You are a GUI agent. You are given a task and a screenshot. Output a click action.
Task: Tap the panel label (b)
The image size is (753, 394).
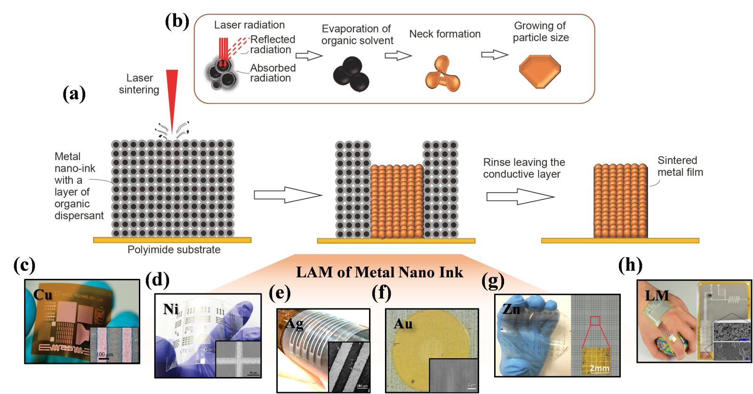[177, 22]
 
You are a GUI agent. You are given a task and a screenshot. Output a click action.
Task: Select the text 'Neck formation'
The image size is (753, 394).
[445, 34]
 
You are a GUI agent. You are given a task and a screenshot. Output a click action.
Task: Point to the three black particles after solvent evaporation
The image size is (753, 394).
[351, 73]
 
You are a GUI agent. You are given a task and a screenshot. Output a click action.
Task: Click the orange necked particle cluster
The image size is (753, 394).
[442, 73]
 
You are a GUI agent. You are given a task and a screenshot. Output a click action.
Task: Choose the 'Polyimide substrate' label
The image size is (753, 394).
[174, 250]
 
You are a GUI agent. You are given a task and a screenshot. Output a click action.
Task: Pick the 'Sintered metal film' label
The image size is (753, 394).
[680, 166]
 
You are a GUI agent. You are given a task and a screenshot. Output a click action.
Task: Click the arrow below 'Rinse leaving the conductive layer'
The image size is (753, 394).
[520, 196]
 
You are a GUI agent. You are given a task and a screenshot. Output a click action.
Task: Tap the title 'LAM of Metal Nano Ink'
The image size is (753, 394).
[379, 272]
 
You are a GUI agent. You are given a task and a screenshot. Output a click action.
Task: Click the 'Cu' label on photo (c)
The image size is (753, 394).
[42, 295]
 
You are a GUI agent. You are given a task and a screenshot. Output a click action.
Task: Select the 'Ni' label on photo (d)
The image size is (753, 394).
[171, 309]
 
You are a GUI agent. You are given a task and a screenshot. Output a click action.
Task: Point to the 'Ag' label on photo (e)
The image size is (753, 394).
[295, 323]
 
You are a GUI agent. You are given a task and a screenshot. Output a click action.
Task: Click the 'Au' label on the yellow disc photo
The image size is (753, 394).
[403, 324]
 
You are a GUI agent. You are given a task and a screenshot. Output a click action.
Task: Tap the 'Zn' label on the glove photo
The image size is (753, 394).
[511, 309]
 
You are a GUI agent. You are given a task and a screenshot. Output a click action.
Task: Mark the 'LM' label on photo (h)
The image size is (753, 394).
[657, 296]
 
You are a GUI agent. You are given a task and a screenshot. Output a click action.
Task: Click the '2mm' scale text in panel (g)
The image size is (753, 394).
[600, 368]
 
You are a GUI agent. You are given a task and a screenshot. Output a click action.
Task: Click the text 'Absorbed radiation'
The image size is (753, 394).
[273, 73]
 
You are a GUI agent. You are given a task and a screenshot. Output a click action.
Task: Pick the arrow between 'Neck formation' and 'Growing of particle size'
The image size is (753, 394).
[494, 55]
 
